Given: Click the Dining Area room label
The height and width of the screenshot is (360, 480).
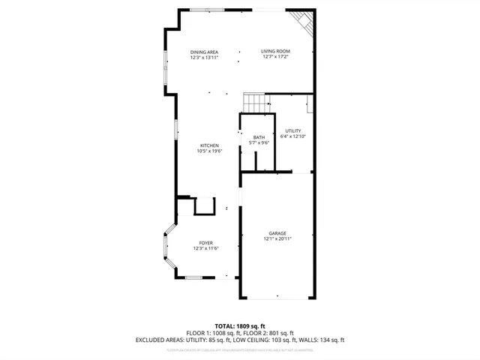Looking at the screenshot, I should point(204,51).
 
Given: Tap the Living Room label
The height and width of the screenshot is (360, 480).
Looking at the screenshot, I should point(275,51).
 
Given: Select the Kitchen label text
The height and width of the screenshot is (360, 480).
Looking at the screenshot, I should point(209,145).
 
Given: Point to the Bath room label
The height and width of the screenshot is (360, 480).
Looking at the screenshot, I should point(259,137).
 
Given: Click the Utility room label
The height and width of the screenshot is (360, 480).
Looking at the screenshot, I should point(292,130).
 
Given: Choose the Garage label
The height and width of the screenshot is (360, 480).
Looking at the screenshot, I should point(277,233).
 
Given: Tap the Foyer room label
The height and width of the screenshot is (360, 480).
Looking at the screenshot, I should point(205,243).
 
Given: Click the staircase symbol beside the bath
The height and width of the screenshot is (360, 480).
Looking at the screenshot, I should point(255,103).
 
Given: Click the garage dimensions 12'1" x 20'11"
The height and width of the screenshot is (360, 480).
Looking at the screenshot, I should point(277,239).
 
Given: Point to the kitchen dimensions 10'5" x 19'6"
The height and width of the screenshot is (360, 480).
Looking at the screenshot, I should point(209,151).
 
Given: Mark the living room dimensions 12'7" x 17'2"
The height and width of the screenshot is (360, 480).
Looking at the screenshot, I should point(275,57).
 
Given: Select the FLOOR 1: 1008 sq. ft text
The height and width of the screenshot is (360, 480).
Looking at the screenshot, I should point(213,333).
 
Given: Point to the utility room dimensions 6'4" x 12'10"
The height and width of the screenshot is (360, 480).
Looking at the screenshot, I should point(292,136).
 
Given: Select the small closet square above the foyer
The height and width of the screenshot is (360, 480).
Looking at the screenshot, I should point(204,205).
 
